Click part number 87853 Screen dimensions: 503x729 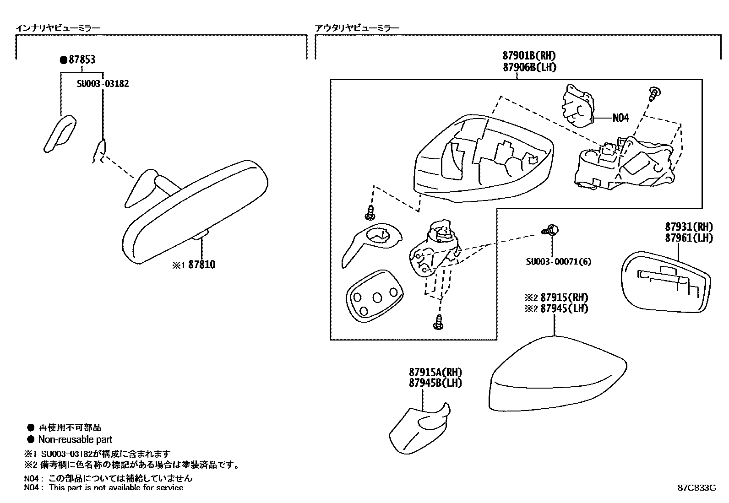click(82, 59)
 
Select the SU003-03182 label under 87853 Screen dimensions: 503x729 click(103, 84)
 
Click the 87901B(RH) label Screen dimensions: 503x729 click(529, 56)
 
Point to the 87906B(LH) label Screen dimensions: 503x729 click(529, 67)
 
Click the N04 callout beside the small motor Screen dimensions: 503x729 click(621, 118)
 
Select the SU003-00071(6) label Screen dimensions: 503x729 click(558, 262)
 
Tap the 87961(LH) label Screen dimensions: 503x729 click(689, 238)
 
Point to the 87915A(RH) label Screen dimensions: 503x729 click(435, 373)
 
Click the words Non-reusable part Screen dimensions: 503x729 click(75, 440)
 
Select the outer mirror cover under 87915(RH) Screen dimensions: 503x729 click(556, 375)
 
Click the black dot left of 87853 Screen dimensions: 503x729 click(64, 59)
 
